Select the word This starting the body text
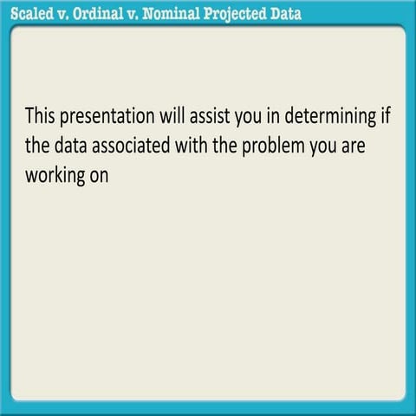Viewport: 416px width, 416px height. point(43,115)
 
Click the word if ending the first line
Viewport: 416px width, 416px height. point(385,115)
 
